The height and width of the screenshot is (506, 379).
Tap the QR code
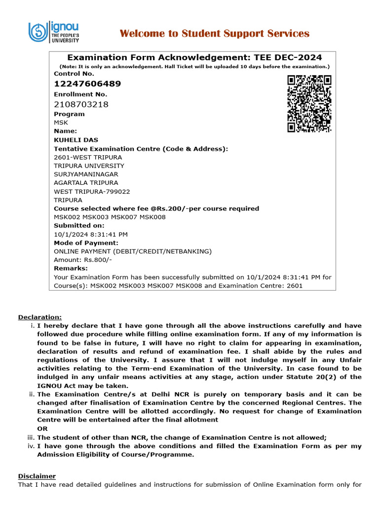tap(309, 104)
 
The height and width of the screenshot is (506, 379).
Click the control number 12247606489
tap(87, 84)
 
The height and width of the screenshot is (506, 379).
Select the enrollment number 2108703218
tap(81, 104)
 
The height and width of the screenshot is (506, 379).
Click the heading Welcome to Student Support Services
tap(214, 34)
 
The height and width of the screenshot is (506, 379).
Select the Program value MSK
tap(61, 123)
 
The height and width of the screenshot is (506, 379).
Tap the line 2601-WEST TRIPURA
tap(88, 157)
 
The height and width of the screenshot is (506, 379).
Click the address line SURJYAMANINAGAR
tap(86, 174)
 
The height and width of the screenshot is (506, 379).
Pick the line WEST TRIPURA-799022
tap(92, 192)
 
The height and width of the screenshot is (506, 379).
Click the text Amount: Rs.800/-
tap(83, 260)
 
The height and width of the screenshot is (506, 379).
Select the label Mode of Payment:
tap(86, 243)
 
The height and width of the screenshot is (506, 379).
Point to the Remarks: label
tap(71, 268)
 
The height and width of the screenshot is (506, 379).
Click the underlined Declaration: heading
tap(40, 317)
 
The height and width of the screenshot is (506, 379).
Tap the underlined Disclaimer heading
tap(37, 476)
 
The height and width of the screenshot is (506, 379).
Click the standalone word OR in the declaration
tap(42, 428)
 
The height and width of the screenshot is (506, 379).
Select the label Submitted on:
tap(79, 225)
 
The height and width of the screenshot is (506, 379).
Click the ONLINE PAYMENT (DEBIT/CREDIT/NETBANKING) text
tap(133, 252)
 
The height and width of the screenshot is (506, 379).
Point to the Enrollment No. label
tap(80, 94)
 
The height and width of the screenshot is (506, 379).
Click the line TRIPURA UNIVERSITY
tap(89, 166)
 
